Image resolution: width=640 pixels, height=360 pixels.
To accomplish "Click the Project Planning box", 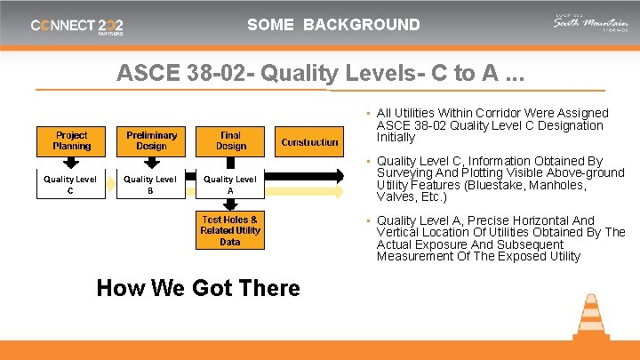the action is coord(71,140).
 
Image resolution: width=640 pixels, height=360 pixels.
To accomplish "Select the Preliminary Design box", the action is coord(151,140).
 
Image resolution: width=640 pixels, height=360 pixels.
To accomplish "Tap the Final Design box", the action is coord(230,140).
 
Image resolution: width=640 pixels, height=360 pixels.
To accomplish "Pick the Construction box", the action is coord(309,141).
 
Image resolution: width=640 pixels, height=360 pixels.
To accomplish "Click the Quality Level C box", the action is coord(70,184).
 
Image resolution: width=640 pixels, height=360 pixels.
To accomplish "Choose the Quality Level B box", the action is coord(150,184).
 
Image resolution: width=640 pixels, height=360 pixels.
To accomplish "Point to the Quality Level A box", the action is coord(230,184).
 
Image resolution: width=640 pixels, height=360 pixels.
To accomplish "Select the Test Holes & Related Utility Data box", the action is coord(229,230).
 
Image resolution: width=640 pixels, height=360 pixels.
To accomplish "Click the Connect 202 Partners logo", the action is coord(77,26).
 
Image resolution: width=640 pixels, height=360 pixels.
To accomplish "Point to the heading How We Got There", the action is coord(198,288).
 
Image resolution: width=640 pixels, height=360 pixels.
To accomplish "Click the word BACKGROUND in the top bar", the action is coord(361,25).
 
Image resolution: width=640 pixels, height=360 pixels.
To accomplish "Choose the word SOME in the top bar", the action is coord(270,25).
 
